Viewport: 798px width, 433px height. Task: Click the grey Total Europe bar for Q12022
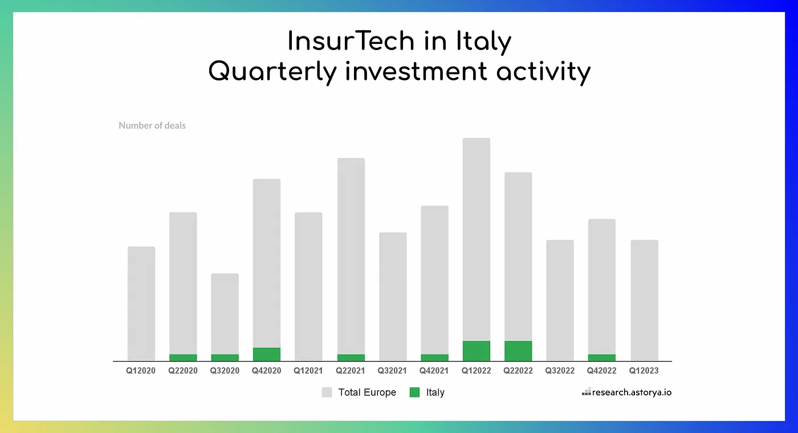point(476,239)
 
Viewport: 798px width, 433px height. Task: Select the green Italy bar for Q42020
point(266,354)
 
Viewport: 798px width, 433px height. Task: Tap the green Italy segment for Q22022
point(518,351)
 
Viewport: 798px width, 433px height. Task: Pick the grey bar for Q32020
point(225,313)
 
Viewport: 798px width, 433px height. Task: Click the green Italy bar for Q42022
point(601,358)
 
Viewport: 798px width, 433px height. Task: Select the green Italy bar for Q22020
point(183,358)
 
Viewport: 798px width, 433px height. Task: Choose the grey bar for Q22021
point(351,256)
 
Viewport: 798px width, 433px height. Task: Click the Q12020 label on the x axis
point(141,371)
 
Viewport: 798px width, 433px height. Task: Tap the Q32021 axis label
point(392,371)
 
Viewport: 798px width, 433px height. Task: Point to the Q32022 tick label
point(560,371)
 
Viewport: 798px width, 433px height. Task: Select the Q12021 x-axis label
point(308,371)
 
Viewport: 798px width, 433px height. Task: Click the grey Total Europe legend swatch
point(327,393)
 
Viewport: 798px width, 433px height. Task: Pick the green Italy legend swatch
point(415,393)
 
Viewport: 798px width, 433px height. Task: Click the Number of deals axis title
point(152,125)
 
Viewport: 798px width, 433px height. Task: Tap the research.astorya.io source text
point(632,393)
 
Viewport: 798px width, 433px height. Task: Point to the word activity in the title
point(543,72)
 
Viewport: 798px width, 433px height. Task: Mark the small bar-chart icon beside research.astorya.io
point(586,393)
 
